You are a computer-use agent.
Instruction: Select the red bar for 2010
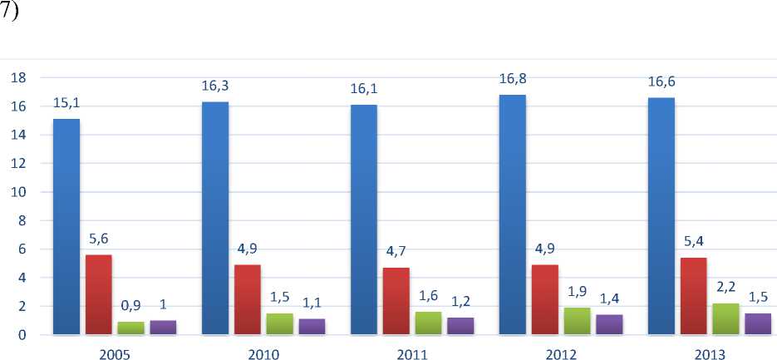click(x=248, y=299)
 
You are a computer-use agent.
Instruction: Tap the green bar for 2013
click(x=726, y=319)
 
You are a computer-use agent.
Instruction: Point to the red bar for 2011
click(x=396, y=301)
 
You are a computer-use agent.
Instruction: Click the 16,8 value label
click(x=512, y=80)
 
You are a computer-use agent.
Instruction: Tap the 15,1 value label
click(x=66, y=104)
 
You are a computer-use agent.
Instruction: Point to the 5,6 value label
click(x=99, y=239)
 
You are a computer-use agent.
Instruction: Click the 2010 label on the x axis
click(x=263, y=355)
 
